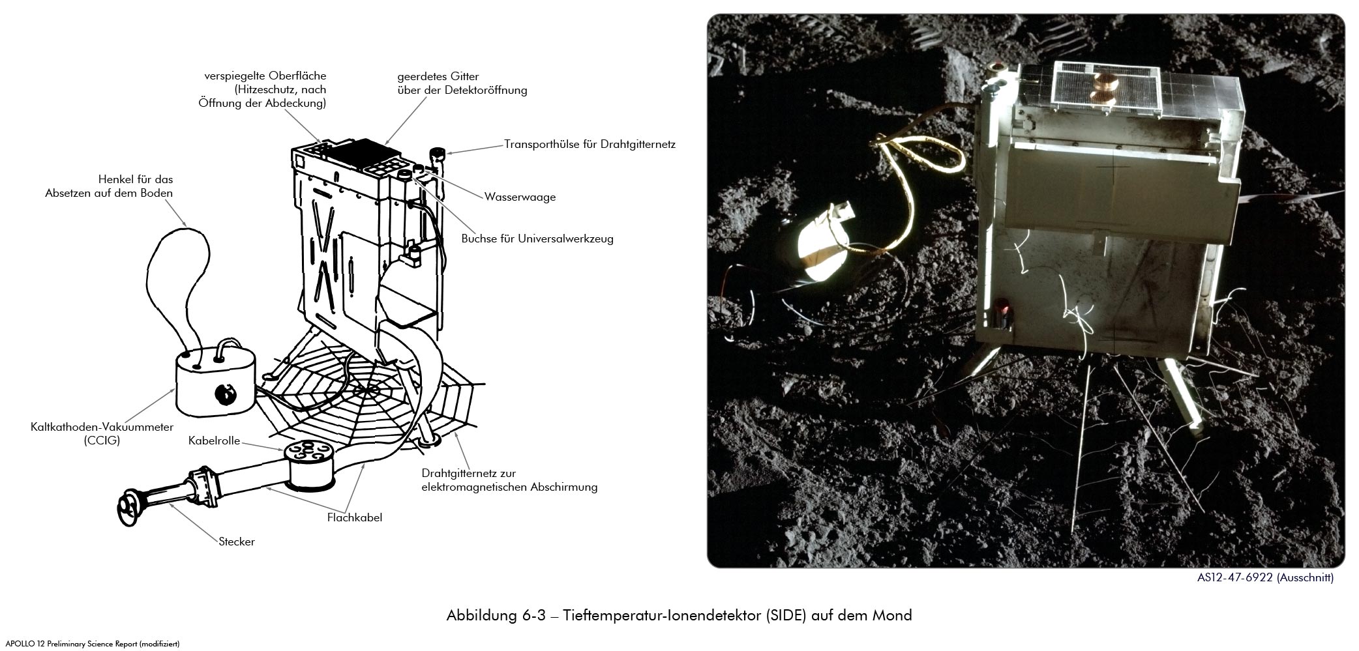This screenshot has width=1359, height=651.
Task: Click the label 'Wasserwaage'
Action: click(x=520, y=197)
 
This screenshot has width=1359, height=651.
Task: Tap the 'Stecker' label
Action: click(x=237, y=542)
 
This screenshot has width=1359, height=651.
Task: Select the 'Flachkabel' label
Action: click(x=355, y=518)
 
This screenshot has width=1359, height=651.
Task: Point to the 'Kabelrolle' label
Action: click(x=215, y=441)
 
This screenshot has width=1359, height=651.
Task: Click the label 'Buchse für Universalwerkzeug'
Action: click(x=537, y=239)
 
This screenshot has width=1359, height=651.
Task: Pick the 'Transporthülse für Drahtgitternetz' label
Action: click(x=590, y=144)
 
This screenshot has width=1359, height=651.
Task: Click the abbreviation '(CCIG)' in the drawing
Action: click(x=102, y=441)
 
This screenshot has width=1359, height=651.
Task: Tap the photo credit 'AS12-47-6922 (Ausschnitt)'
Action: click(x=1265, y=577)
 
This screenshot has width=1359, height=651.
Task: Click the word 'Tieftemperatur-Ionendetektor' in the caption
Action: click(x=662, y=615)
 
